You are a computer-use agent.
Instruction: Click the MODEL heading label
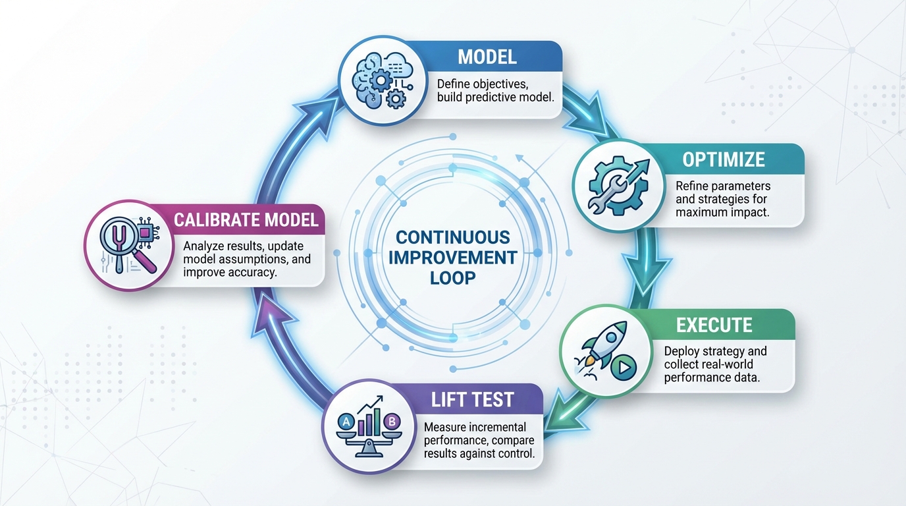487,57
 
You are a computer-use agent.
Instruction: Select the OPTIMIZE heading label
723,159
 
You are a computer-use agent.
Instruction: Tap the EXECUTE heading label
714,325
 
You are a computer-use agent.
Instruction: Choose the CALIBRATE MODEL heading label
246,219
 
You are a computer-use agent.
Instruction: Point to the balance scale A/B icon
366,424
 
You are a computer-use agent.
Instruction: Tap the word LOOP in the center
452,277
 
